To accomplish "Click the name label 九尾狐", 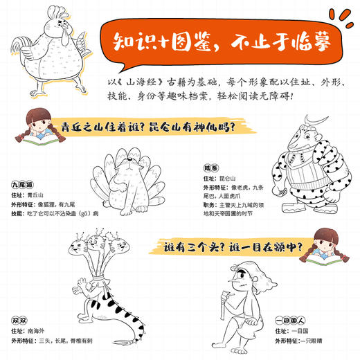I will point(21,185).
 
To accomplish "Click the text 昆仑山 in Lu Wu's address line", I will point(228,179).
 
